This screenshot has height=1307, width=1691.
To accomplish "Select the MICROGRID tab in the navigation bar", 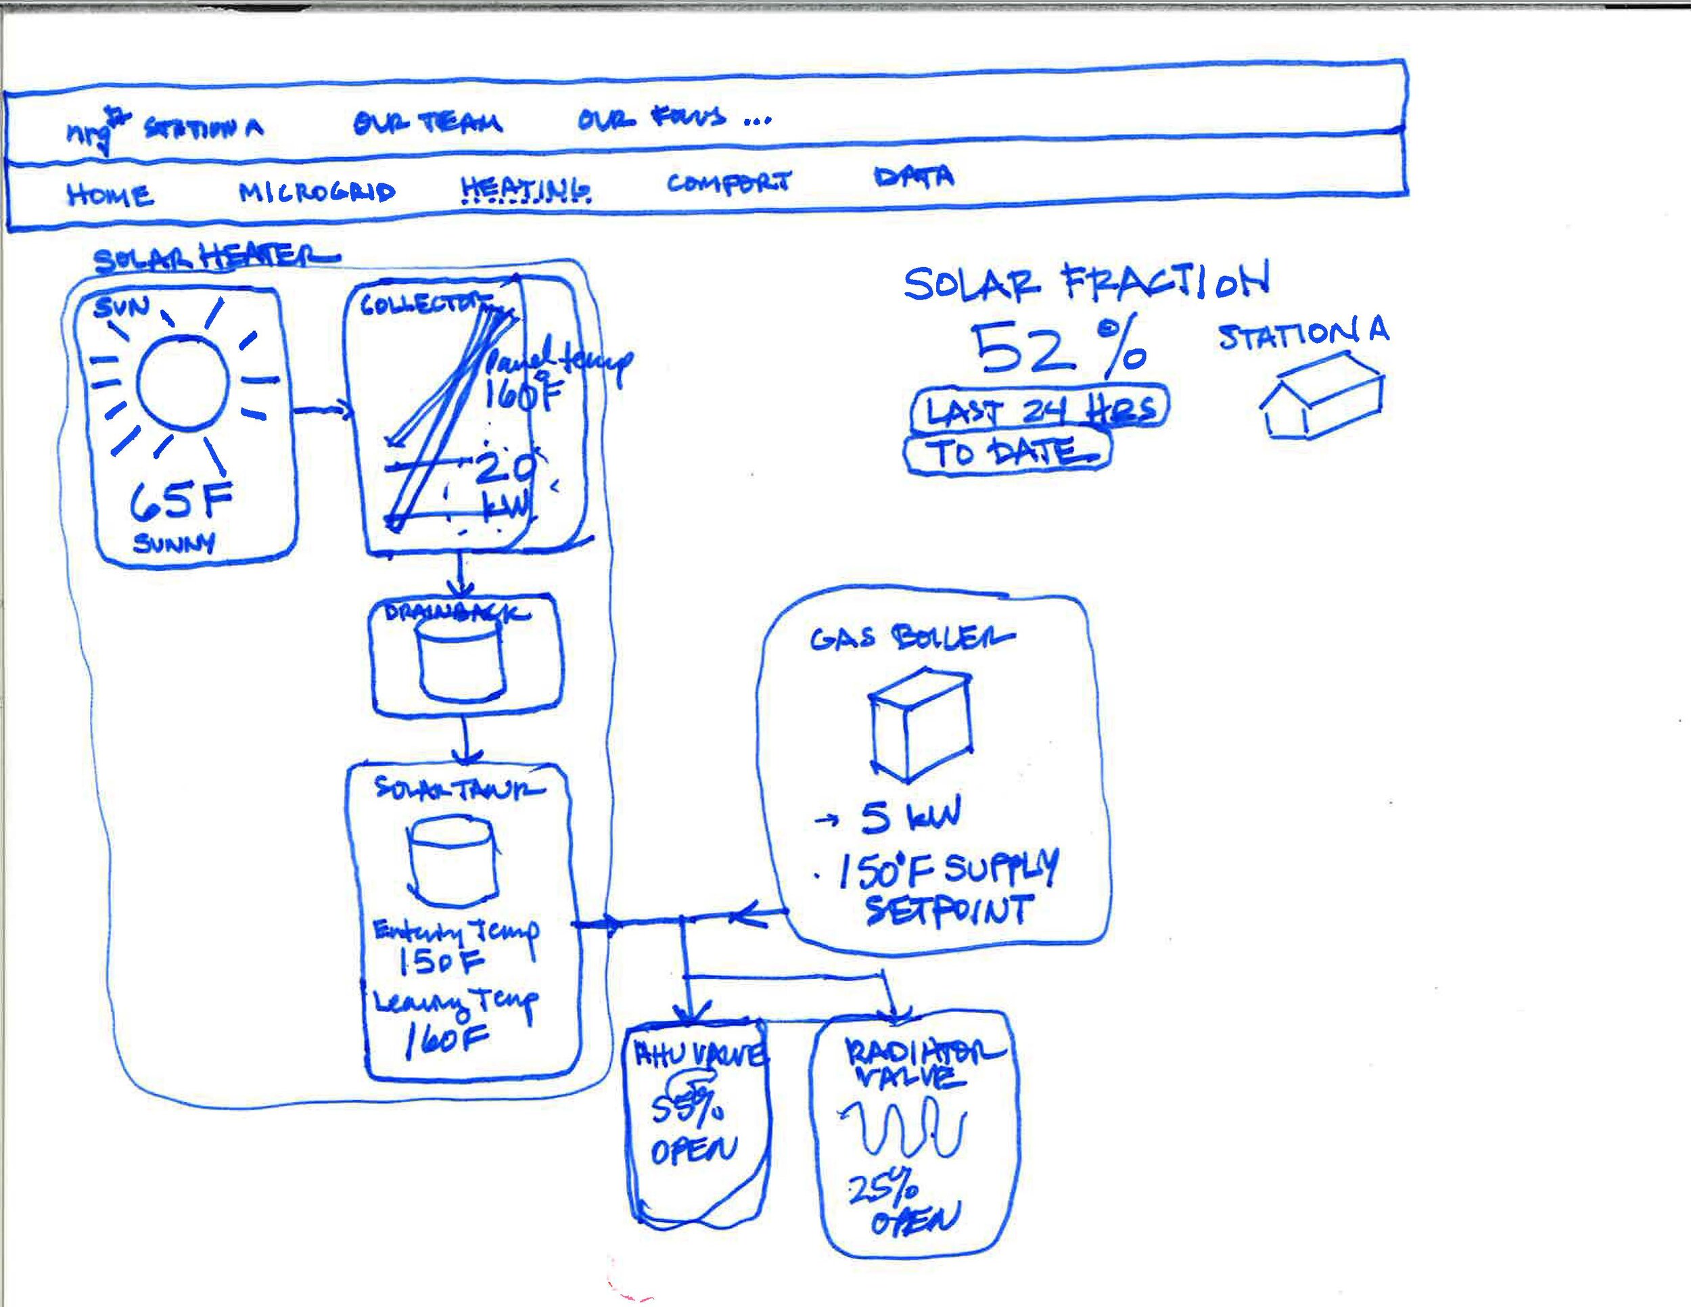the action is click(x=317, y=191).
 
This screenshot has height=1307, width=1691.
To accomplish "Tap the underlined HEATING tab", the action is click(x=526, y=188).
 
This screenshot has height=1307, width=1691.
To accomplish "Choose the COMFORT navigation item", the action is click(x=728, y=183).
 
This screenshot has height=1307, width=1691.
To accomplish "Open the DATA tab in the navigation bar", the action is click(x=914, y=177).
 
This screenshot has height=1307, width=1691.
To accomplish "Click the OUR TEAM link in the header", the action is click(x=427, y=122).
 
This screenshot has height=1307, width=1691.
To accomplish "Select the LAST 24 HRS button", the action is click(x=1040, y=409).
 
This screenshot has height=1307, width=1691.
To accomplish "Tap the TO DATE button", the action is click(x=1007, y=452).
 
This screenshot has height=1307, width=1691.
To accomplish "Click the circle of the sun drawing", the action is click(x=183, y=382).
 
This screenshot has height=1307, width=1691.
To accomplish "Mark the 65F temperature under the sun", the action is click(x=181, y=499).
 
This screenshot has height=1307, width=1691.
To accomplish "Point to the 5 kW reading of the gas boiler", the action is click(x=910, y=818).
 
